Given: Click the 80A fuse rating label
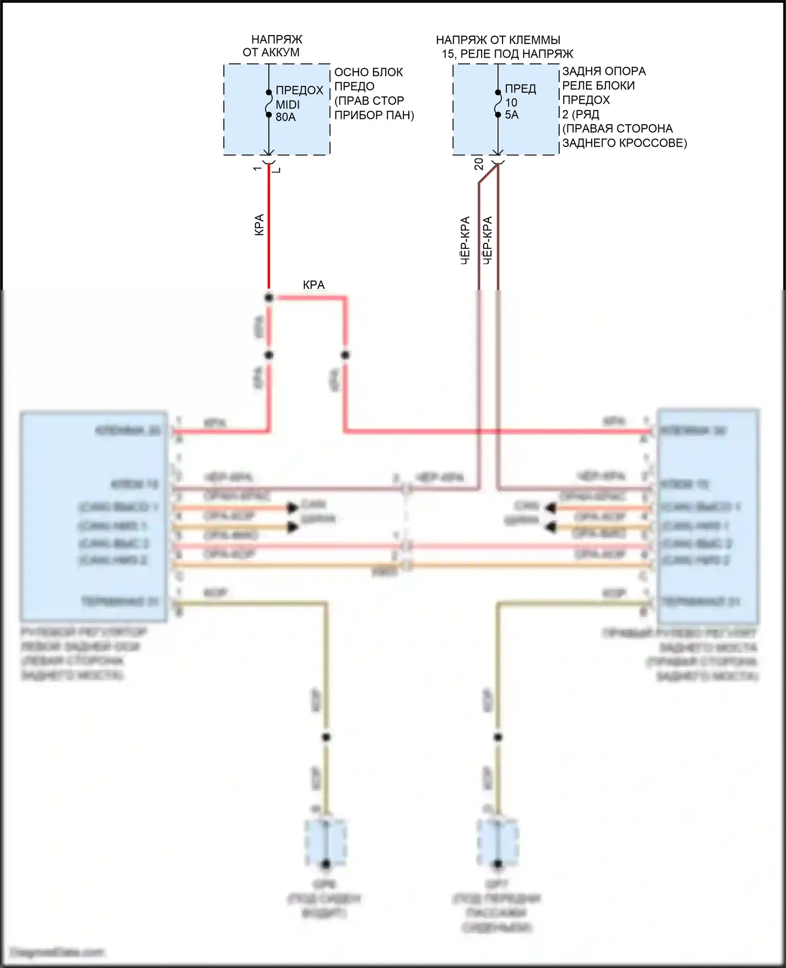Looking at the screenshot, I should click(286, 117).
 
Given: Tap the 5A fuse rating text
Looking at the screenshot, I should click(511, 115).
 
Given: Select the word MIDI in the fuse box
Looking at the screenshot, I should click(288, 104).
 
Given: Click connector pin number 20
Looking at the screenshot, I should click(479, 164).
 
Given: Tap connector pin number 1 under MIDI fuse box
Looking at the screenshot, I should click(257, 168).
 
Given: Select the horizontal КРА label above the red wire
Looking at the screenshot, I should click(313, 285).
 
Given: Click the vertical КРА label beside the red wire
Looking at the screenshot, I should click(259, 224).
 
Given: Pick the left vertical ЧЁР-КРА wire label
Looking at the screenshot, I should click(465, 240).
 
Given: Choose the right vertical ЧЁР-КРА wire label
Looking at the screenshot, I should click(487, 240).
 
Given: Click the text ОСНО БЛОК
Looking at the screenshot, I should click(368, 72).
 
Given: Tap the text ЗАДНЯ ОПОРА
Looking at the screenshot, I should click(604, 71).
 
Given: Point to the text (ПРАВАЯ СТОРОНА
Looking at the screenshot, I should click(617, 128).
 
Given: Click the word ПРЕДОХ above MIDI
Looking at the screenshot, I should click(299, 90).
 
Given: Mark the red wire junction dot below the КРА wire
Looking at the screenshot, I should click(269, 298).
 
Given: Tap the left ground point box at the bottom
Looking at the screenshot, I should click(325, 843).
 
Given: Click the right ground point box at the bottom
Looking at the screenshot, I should click(498, 843).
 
